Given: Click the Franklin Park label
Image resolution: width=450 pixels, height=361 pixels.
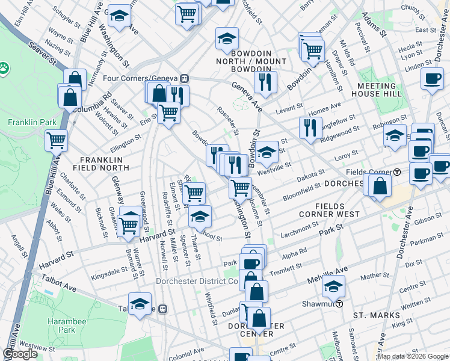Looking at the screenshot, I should click(x=32, y=122).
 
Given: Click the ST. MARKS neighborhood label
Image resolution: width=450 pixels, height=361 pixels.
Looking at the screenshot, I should click(x=376, y=315).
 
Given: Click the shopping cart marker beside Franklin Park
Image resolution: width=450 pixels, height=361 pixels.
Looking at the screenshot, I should click(x=57, y=141).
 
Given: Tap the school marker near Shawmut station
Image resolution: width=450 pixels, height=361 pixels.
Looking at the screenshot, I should click(x=333, y=287).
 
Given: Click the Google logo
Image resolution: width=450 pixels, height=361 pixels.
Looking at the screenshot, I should click(x=20, y=354).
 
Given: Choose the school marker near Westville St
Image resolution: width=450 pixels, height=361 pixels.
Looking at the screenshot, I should click(x=265, y=153).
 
